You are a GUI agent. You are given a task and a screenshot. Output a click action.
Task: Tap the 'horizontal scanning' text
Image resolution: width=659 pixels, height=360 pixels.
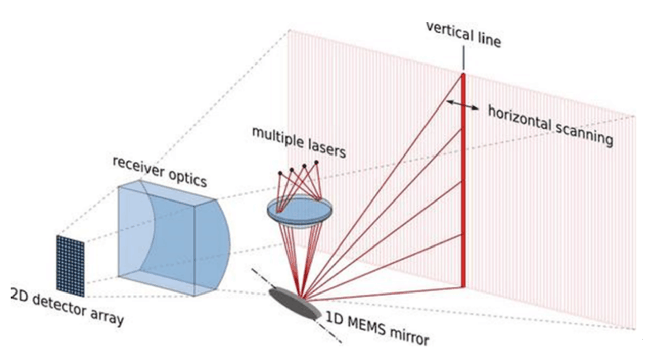pos(550,124)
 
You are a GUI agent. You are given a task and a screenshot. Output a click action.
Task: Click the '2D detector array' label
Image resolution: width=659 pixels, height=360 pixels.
pos(67,308)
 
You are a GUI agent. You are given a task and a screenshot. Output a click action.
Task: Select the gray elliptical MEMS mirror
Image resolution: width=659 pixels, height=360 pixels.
pos(296,303)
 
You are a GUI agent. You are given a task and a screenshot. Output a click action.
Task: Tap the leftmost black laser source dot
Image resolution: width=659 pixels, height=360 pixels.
pos(280,173)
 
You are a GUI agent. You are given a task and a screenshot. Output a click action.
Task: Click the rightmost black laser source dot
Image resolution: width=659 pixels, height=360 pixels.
pos(316,162)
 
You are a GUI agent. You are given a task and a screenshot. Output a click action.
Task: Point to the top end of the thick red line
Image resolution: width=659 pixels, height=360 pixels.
pos(463,75)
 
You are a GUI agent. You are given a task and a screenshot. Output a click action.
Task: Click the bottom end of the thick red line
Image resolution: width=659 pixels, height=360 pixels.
pos(464,286)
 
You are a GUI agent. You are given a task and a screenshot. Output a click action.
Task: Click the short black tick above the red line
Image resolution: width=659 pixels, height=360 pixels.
pos(463,60)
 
